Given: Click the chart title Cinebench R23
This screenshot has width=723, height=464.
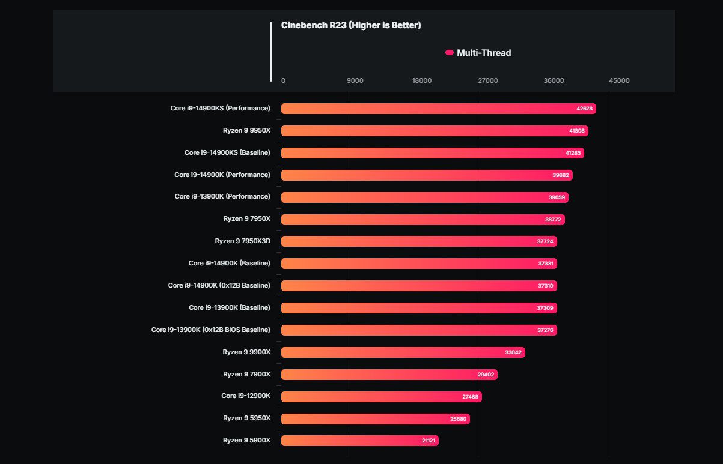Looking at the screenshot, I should click(351, 25).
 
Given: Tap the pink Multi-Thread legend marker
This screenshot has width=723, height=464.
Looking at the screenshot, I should click(449, 53).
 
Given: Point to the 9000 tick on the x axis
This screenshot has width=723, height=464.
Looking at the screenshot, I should click(355, 80).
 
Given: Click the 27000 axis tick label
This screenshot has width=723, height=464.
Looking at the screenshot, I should click(487, 80).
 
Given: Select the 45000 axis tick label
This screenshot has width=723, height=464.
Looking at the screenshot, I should click(619, 80).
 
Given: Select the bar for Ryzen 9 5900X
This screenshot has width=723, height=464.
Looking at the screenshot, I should click(359, 441).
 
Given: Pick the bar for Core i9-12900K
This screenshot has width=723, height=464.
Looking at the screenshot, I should click(381, 397).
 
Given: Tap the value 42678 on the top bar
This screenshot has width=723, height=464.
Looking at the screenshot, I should click(584, 109).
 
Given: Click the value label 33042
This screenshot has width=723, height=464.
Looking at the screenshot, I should click(513, 352).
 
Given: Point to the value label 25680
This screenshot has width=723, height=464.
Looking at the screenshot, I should click(458, 419).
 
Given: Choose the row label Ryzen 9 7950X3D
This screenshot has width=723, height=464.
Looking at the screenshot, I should click(243, 241).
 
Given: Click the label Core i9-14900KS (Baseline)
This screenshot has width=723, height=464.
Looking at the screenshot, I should click(227, 152).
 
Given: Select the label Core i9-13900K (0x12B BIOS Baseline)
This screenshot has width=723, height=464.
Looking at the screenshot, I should click(211, 330).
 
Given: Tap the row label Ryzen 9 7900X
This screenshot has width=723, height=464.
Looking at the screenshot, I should click(247, 374).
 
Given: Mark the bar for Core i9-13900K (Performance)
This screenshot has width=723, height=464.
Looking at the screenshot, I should click(424, 197).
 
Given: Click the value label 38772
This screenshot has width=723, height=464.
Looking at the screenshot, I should click(553, 220).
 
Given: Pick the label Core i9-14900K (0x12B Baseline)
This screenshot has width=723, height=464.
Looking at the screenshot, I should click(219, 285).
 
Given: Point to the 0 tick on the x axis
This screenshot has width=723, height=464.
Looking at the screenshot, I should click(283, 80).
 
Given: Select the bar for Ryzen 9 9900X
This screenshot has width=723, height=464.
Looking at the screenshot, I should click(403, 352).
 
